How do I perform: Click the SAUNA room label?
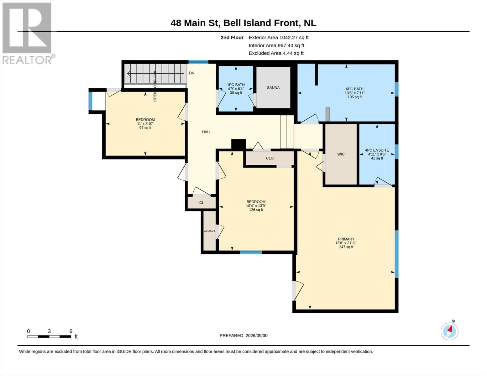[x=273, y=88]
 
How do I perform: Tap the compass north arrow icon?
[x=449, y=331]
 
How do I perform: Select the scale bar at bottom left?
[x=49, y=336]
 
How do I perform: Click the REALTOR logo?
[x=28, y=33]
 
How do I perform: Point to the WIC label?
[x=341, y=154]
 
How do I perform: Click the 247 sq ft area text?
[x=346, y=247]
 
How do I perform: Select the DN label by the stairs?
[x=191, y=73]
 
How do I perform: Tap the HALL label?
[x=207, y=132]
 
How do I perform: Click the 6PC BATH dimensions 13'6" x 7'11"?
[x=354, y=93]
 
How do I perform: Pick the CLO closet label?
[x=270, y=158]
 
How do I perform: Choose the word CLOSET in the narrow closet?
[x=209, y=231]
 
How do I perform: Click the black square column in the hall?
[x=238, y=144]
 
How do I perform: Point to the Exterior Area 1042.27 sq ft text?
[x=279, y=38]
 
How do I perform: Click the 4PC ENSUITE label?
[x=377, y=150]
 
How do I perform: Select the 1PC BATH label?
[x=236, y=85]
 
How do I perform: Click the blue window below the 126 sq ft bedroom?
[x=251, y=252]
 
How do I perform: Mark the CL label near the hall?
[x=202, y=202]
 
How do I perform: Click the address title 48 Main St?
[x=195, y=23]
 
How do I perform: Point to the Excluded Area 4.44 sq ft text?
[x=276, y=53]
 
